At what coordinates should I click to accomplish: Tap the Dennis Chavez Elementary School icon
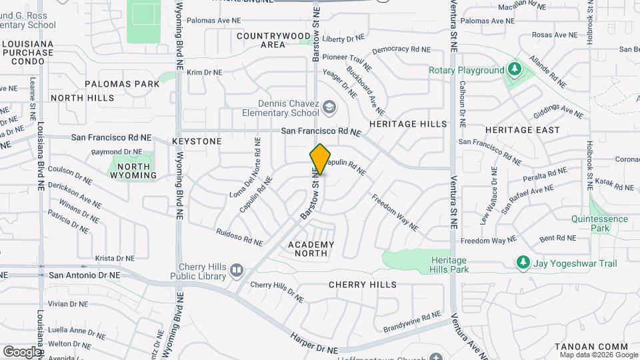pyautogui.click(x=329, y=107)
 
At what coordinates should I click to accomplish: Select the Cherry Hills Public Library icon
pyautogui.click(x=236, y=271)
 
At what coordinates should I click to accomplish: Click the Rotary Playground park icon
pyautogui.click(x=514, y=70)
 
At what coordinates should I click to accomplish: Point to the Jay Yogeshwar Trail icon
pyautogui.click(x=523, y=263)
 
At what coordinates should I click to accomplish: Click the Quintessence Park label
pyautogui.click(x=599, y=223)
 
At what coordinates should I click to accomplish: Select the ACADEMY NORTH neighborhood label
pyautogui.click(x=311, y=249)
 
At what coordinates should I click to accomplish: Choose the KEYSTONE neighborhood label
pyautogui.click(x=197, y=142)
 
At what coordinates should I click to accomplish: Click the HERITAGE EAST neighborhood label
pyautogui.click(x=522, y=130)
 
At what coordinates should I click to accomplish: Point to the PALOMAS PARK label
pyautogui.click(x=123, y=85)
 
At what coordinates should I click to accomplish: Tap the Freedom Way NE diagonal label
pyautogui.click(x=395, y=213)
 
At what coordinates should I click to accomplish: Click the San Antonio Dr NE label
pyautogui.click(x=85, y=275)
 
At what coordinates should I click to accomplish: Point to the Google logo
pyautogui.click(x=21, y=351)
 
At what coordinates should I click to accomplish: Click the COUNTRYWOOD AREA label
pyautogui.click(x=273, y=40)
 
